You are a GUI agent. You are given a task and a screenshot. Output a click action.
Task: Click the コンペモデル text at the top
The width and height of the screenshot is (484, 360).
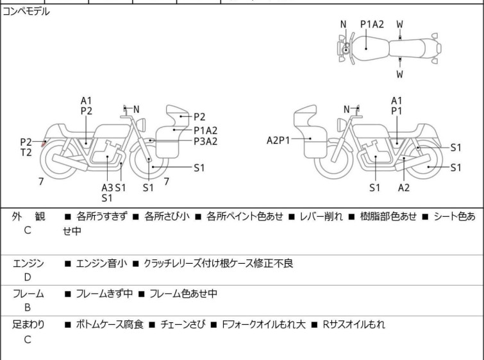pyautogui.click(x=26, y=12)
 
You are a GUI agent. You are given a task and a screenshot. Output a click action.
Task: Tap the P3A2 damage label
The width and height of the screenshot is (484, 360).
pyautogui.click(x=205, y=141)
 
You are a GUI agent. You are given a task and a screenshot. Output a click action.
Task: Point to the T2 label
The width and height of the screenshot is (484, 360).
pyautogui.click(x=26, y=153)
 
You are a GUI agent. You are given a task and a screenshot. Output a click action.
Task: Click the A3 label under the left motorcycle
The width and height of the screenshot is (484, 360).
pyautogui.click(x=107, y=187)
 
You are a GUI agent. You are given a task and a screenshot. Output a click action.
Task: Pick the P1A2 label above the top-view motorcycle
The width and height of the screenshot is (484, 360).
pyautogui.click(x=372, y=24)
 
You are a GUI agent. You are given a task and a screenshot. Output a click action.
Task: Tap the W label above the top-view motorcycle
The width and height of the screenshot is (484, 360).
pyautogui.click(x=399, y=24)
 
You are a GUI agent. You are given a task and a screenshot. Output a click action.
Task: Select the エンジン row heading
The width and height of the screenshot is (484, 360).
pyautogui.click(x=28, y=263)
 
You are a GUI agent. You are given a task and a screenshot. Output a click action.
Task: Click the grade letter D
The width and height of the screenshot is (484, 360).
pyautogui.click(x=27, y=277)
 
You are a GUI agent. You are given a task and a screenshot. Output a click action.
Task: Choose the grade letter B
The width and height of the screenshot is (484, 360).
pyautogui.click(x=27, y=308)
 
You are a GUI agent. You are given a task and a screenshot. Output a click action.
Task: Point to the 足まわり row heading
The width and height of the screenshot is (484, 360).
pyautogui.click(x=28, y=325)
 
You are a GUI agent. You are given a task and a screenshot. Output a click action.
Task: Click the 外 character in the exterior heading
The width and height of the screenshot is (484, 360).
pyautogui.click(x=17, y=217)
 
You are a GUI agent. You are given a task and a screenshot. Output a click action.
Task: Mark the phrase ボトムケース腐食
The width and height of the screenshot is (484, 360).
pyautogui.click(x=111, y=325)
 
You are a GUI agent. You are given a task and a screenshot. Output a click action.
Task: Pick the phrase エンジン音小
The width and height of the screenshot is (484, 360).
pyautogui.click(x=101, y=263)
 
